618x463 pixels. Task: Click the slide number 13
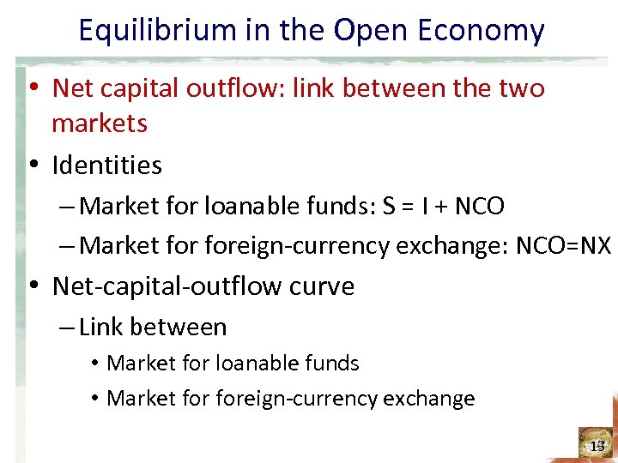coord(598,447)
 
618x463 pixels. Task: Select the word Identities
coord(106,165)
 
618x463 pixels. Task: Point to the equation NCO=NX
coord(564,246)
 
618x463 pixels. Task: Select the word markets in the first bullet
coord(100,123)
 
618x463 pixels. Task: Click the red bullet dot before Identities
coord(32,165)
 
